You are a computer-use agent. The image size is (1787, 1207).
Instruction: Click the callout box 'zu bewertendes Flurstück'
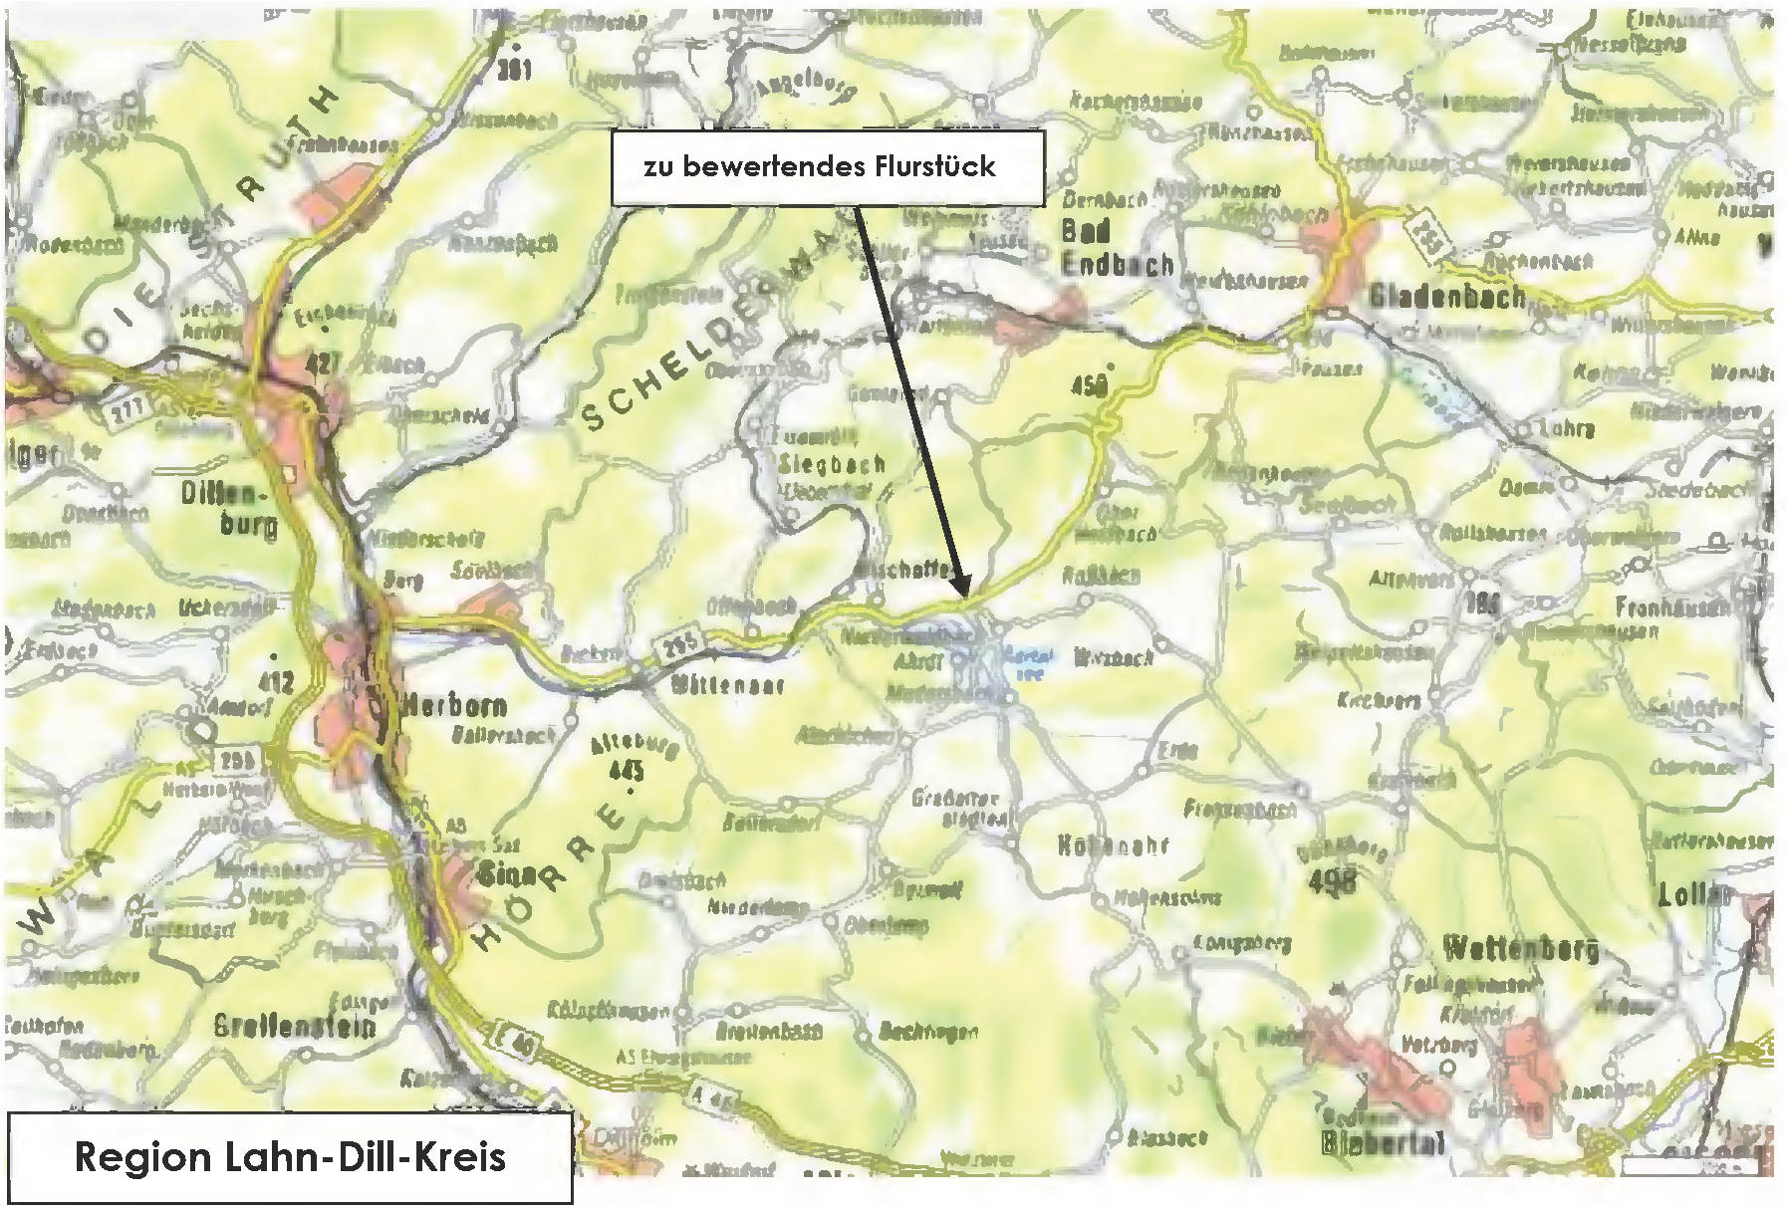[827, 167]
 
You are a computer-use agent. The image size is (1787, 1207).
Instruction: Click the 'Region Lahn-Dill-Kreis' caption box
[290, 1157]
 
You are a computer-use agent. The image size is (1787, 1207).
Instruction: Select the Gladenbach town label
[1446, 296]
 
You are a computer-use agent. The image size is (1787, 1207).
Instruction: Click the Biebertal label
[1382, 1143]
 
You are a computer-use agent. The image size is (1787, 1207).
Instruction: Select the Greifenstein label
[297, 1026]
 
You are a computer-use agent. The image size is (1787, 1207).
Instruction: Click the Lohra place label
[1567, 429]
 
